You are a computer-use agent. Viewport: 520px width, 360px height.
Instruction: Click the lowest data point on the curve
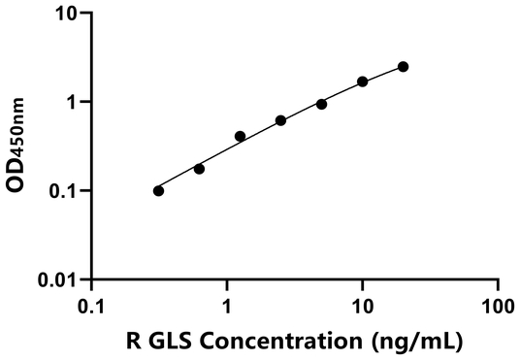(159, 190)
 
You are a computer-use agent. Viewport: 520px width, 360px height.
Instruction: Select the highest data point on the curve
(404, 66)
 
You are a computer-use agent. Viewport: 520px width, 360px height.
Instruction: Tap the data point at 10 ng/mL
(363, 82)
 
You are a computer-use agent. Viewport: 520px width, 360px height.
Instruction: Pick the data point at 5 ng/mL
(322, 104)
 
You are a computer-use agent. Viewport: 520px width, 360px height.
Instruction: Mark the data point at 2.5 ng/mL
(281, 120)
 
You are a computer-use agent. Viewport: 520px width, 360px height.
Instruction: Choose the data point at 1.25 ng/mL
(241, 136)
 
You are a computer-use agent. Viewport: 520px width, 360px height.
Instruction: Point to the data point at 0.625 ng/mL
(200, 169)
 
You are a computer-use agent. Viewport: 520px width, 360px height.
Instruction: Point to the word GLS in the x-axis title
(167, 341)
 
